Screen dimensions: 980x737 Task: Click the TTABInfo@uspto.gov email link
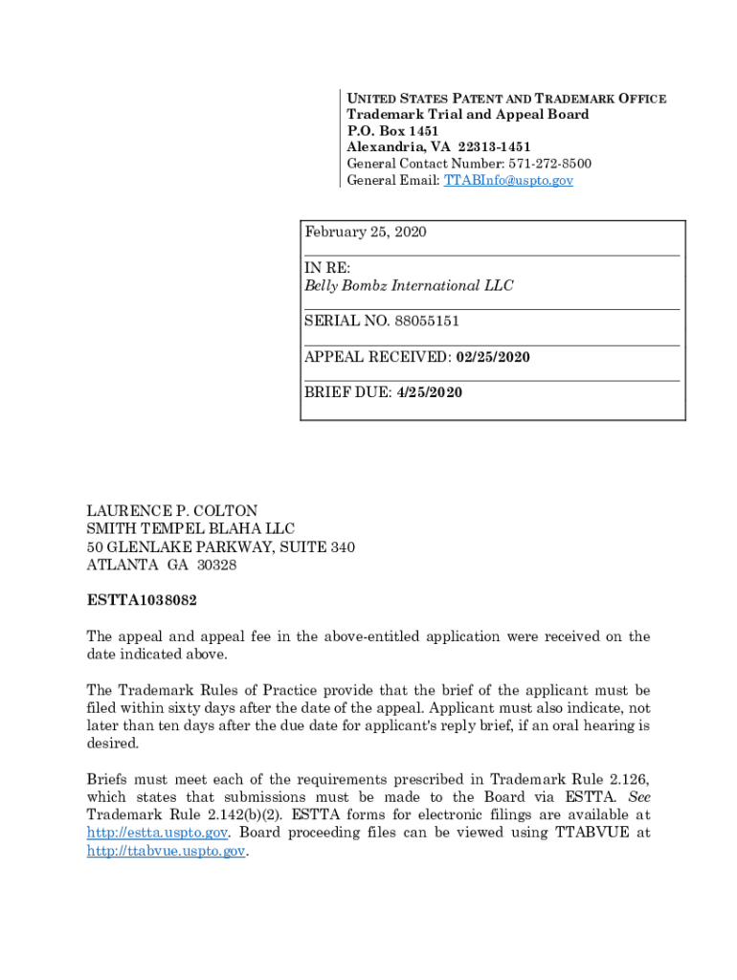[508, 180]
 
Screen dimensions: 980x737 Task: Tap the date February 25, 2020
[366, 233]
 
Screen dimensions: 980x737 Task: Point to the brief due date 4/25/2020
[430, 392]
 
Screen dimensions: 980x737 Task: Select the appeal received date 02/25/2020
[493, 357]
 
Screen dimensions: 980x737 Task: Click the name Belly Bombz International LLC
[409, 286]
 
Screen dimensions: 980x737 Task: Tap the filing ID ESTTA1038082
[143, 601]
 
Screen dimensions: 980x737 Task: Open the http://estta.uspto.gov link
[157, 833]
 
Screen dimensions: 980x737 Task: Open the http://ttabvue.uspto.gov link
[167, 851]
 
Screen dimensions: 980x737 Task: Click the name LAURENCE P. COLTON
[172, 511]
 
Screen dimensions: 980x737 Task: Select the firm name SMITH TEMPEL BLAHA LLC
[191, 529]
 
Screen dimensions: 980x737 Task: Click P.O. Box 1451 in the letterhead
[392, 131]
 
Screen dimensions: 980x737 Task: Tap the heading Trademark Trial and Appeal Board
[468, 115]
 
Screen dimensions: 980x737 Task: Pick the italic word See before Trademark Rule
[637, 797]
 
